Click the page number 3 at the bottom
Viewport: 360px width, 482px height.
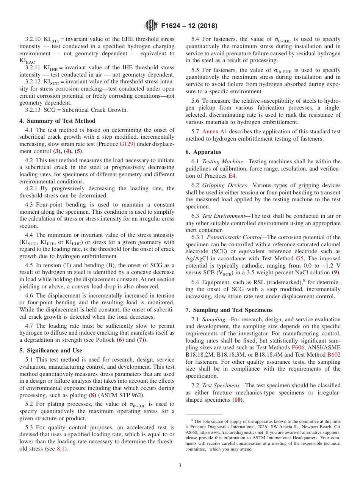coord(180,465)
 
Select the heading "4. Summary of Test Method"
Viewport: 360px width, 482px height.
coord(57,121)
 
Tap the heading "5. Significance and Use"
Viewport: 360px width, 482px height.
coord(50,351)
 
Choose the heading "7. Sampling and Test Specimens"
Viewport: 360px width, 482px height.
coord(229,310)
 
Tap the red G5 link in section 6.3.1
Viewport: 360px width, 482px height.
coord(300,258)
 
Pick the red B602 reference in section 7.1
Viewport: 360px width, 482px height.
coord(334,354)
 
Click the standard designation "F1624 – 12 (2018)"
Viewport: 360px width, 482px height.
coord(189,26)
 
